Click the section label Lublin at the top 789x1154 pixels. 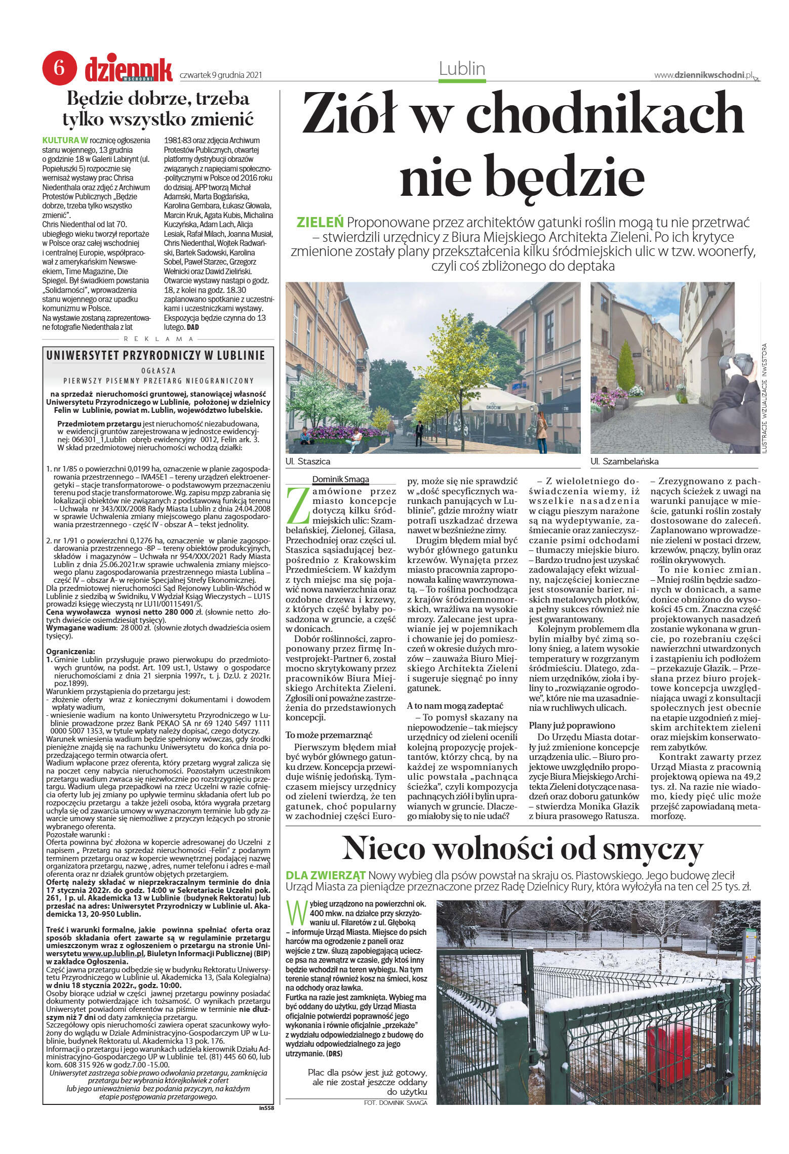[462, 69]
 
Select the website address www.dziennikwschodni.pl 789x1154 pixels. [703, 75]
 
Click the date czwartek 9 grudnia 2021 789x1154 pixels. [220, 75]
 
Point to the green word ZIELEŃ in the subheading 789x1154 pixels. [321, 222]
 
